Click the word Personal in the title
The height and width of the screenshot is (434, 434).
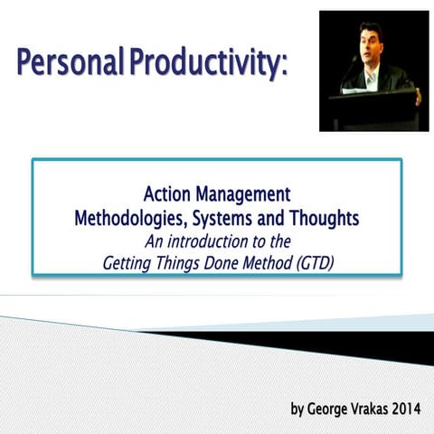[67, 66]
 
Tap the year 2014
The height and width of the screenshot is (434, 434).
[414, 409]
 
